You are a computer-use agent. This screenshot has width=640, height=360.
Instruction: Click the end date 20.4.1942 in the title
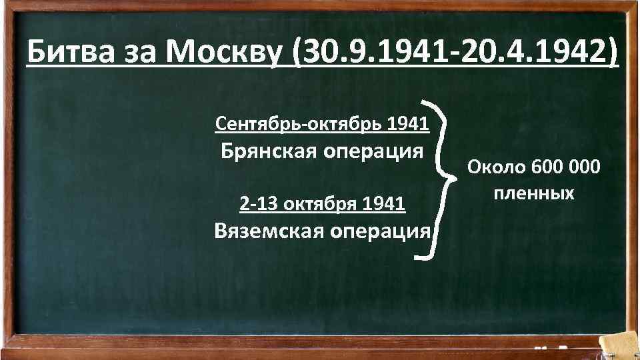pyautogui.click(x=537, y=52)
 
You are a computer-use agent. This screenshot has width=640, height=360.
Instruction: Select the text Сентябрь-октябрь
pyautogui.click(x=299, y=123)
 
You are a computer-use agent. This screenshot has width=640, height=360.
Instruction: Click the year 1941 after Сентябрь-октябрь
pyautogui.click(x=408, y=123)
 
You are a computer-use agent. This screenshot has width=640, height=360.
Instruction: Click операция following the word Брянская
pyautogui.click(x=374, y=151)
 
